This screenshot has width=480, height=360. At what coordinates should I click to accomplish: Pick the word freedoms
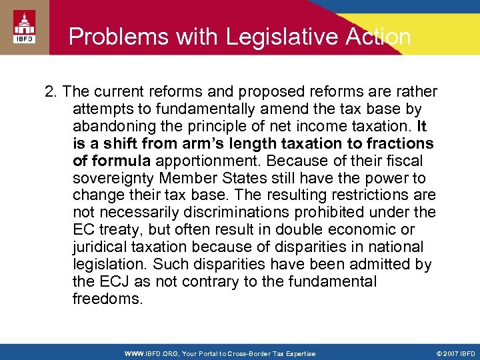coord(107,299)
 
